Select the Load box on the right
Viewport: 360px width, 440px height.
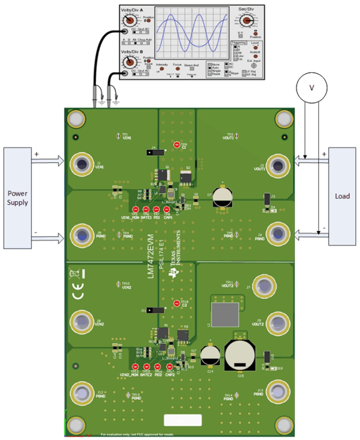(342, 196)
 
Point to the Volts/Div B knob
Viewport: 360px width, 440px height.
(129, 62)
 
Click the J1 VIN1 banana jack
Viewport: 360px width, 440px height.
(82, 164)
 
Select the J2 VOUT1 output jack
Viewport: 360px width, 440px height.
(278, 164)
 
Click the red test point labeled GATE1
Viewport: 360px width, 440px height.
(146, 209)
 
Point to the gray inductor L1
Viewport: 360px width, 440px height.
(225, 314)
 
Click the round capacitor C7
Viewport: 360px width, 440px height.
(221, 197)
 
